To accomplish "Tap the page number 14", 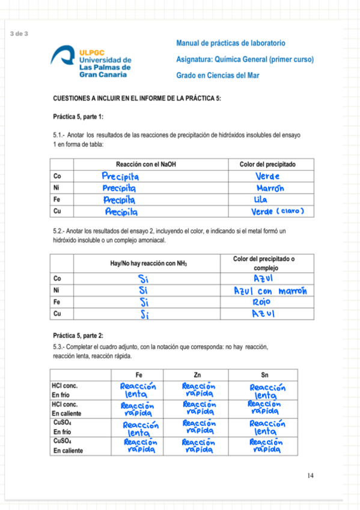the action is coord(310,476).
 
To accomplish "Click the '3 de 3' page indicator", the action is coord(19,33).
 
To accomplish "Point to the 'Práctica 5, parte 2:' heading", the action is coord(78,336).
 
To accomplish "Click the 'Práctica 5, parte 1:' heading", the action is coord(78,116).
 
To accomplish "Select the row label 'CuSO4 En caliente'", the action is coord(67,446).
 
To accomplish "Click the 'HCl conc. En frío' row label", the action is coord(65,390).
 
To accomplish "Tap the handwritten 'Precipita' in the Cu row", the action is coord(122,212).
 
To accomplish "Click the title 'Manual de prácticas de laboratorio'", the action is coord(231,43).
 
